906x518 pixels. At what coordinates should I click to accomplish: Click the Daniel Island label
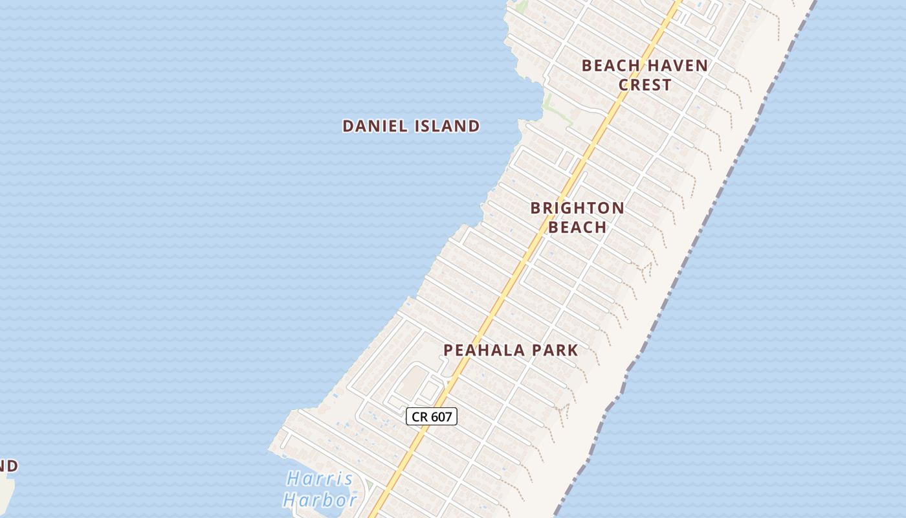point(411,126)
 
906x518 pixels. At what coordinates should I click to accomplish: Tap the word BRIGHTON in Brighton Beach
point(577,208)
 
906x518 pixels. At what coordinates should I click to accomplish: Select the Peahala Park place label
point(511,350)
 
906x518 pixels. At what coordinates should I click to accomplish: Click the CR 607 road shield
point(432,416)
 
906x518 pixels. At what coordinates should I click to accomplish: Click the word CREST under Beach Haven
point(645,85)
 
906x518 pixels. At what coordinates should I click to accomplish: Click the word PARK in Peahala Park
point(553,350)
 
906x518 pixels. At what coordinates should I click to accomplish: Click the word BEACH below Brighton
point(577,227)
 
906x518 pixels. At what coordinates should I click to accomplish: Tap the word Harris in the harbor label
point(320,479)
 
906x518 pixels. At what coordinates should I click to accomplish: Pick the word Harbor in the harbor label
point(320,500)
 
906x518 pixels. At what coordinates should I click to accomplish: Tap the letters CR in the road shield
point(419,416)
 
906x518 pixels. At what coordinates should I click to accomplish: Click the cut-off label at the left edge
point(8,466)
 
